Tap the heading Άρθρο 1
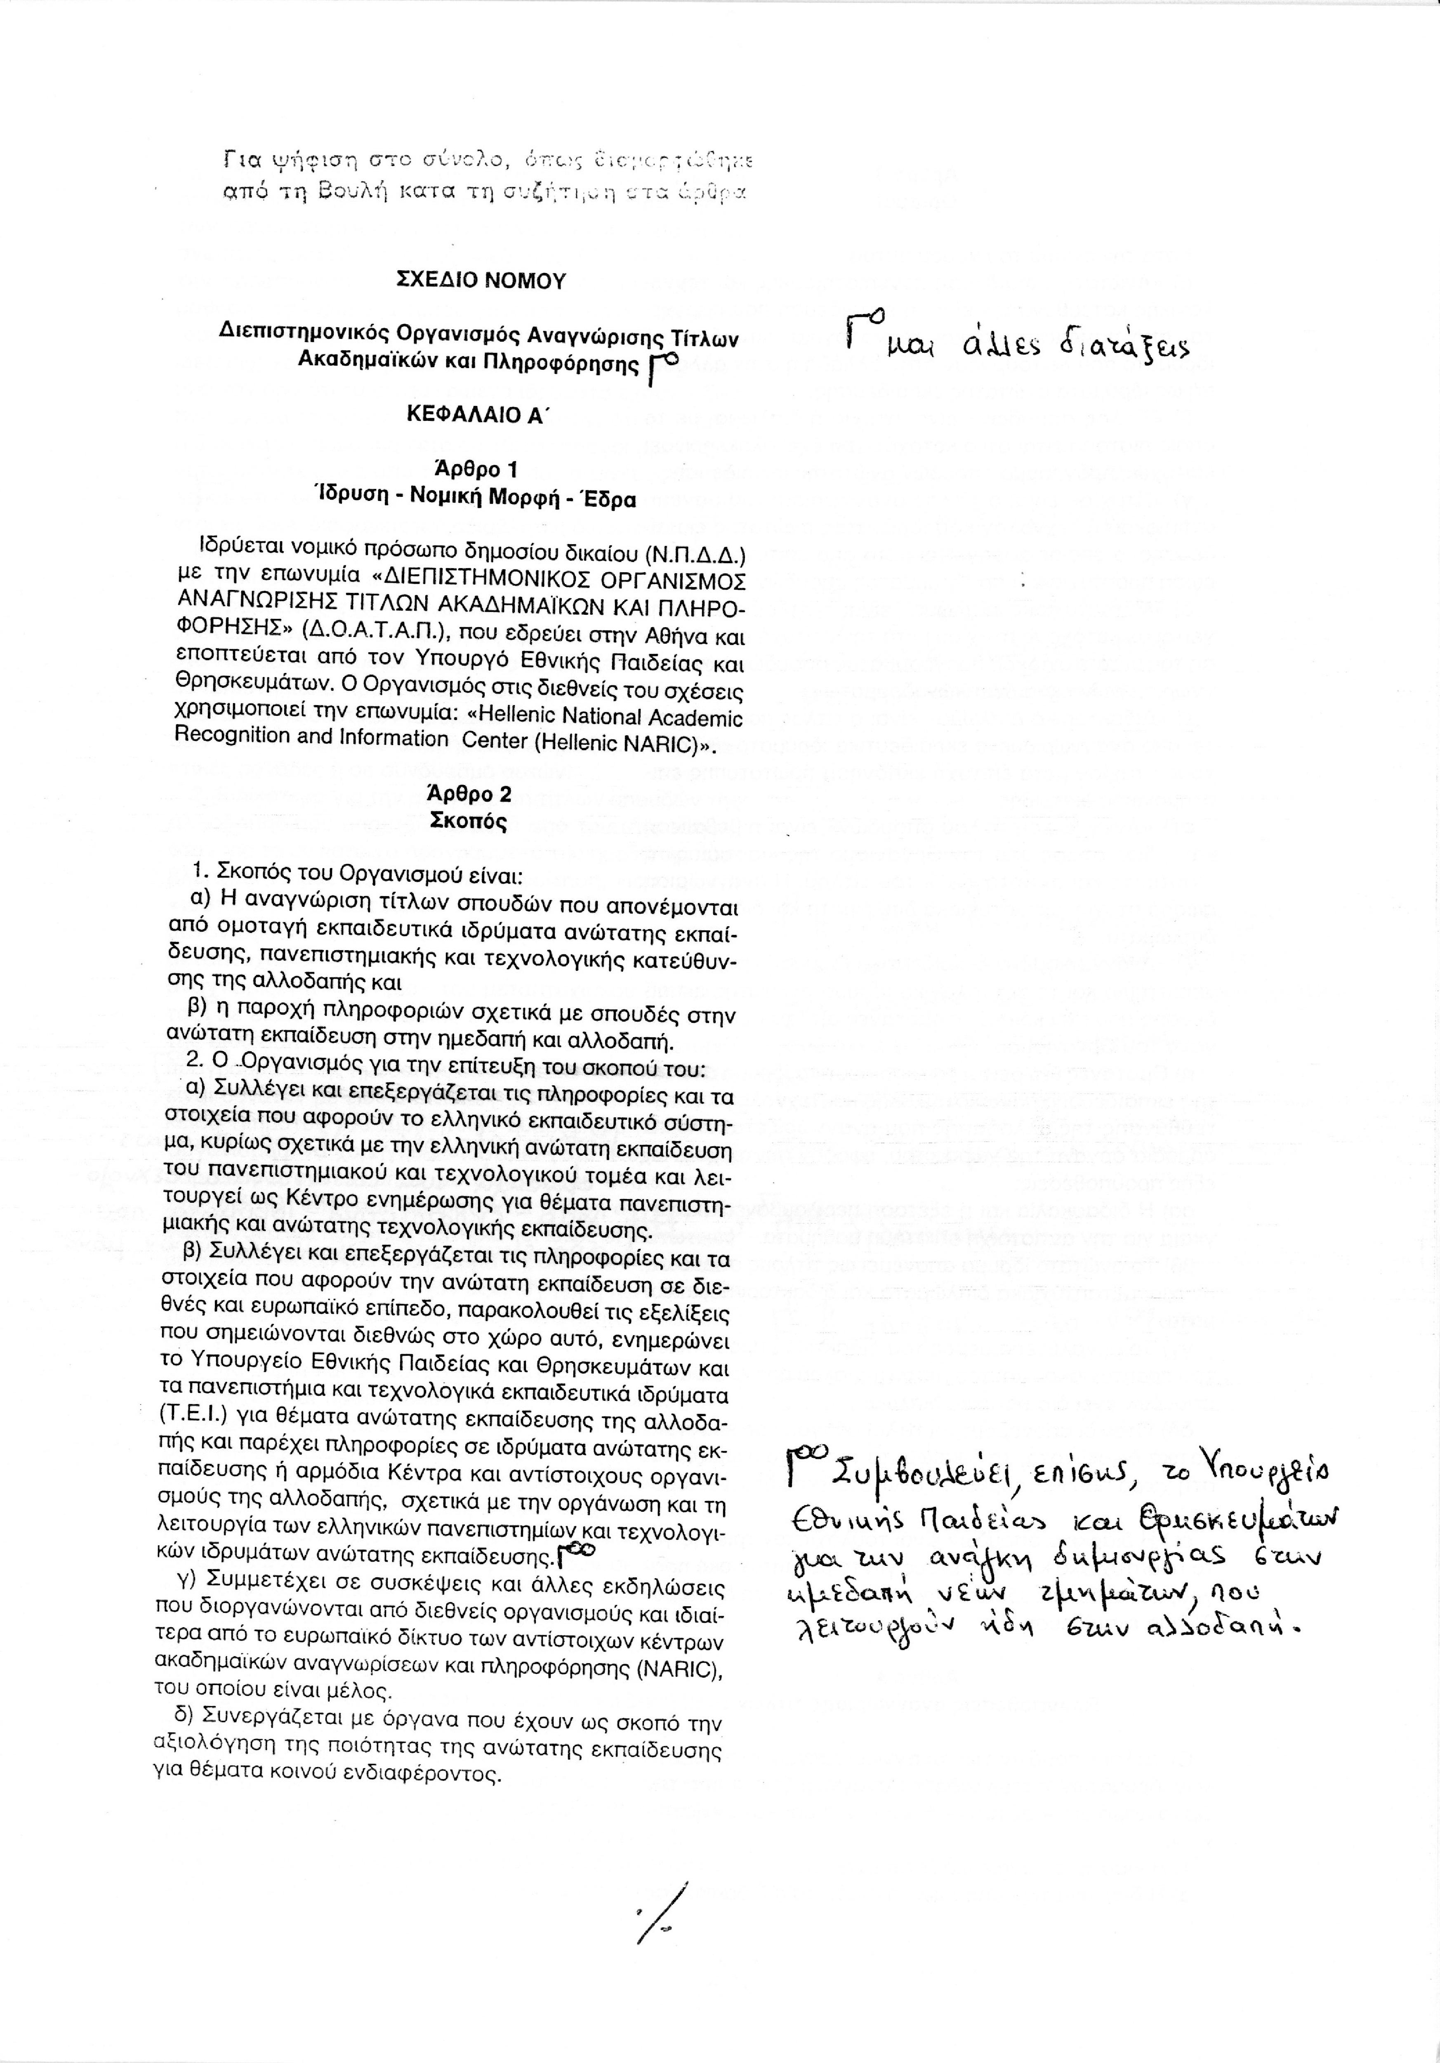(474, 468)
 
